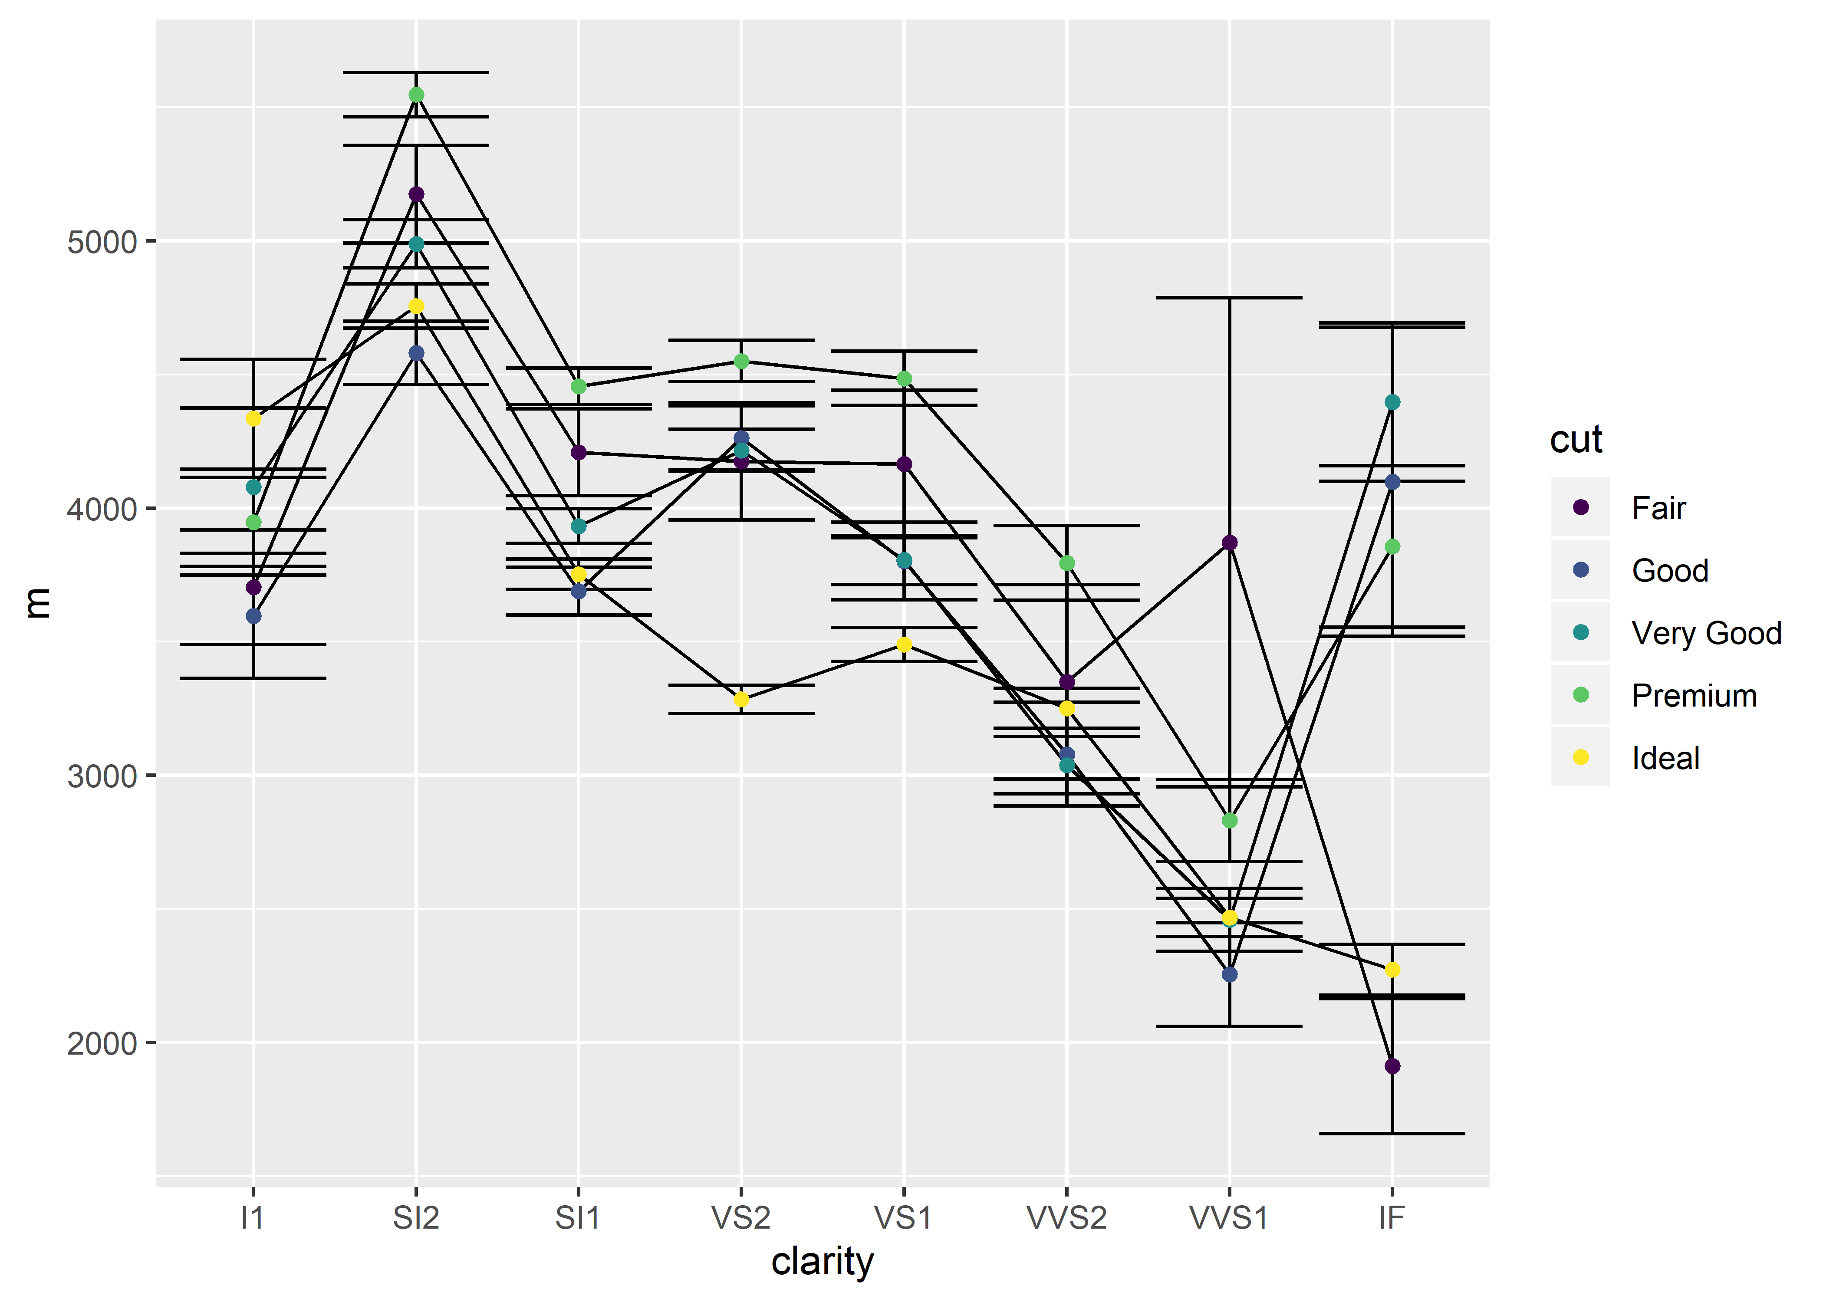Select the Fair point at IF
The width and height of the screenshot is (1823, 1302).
pos(1392,1066)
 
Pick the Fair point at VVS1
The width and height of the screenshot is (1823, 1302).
pos(1230,543)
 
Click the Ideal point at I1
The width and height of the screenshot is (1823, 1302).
pos(253,418)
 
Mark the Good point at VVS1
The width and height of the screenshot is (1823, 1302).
pos(1230,975)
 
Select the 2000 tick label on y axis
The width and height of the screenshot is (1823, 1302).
pos(102,1044)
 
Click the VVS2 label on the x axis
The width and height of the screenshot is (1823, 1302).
pos(1067,1218)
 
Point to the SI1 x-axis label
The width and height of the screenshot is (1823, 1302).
pos(578,1218)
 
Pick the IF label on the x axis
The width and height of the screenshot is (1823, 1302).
pos(1392,1218)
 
